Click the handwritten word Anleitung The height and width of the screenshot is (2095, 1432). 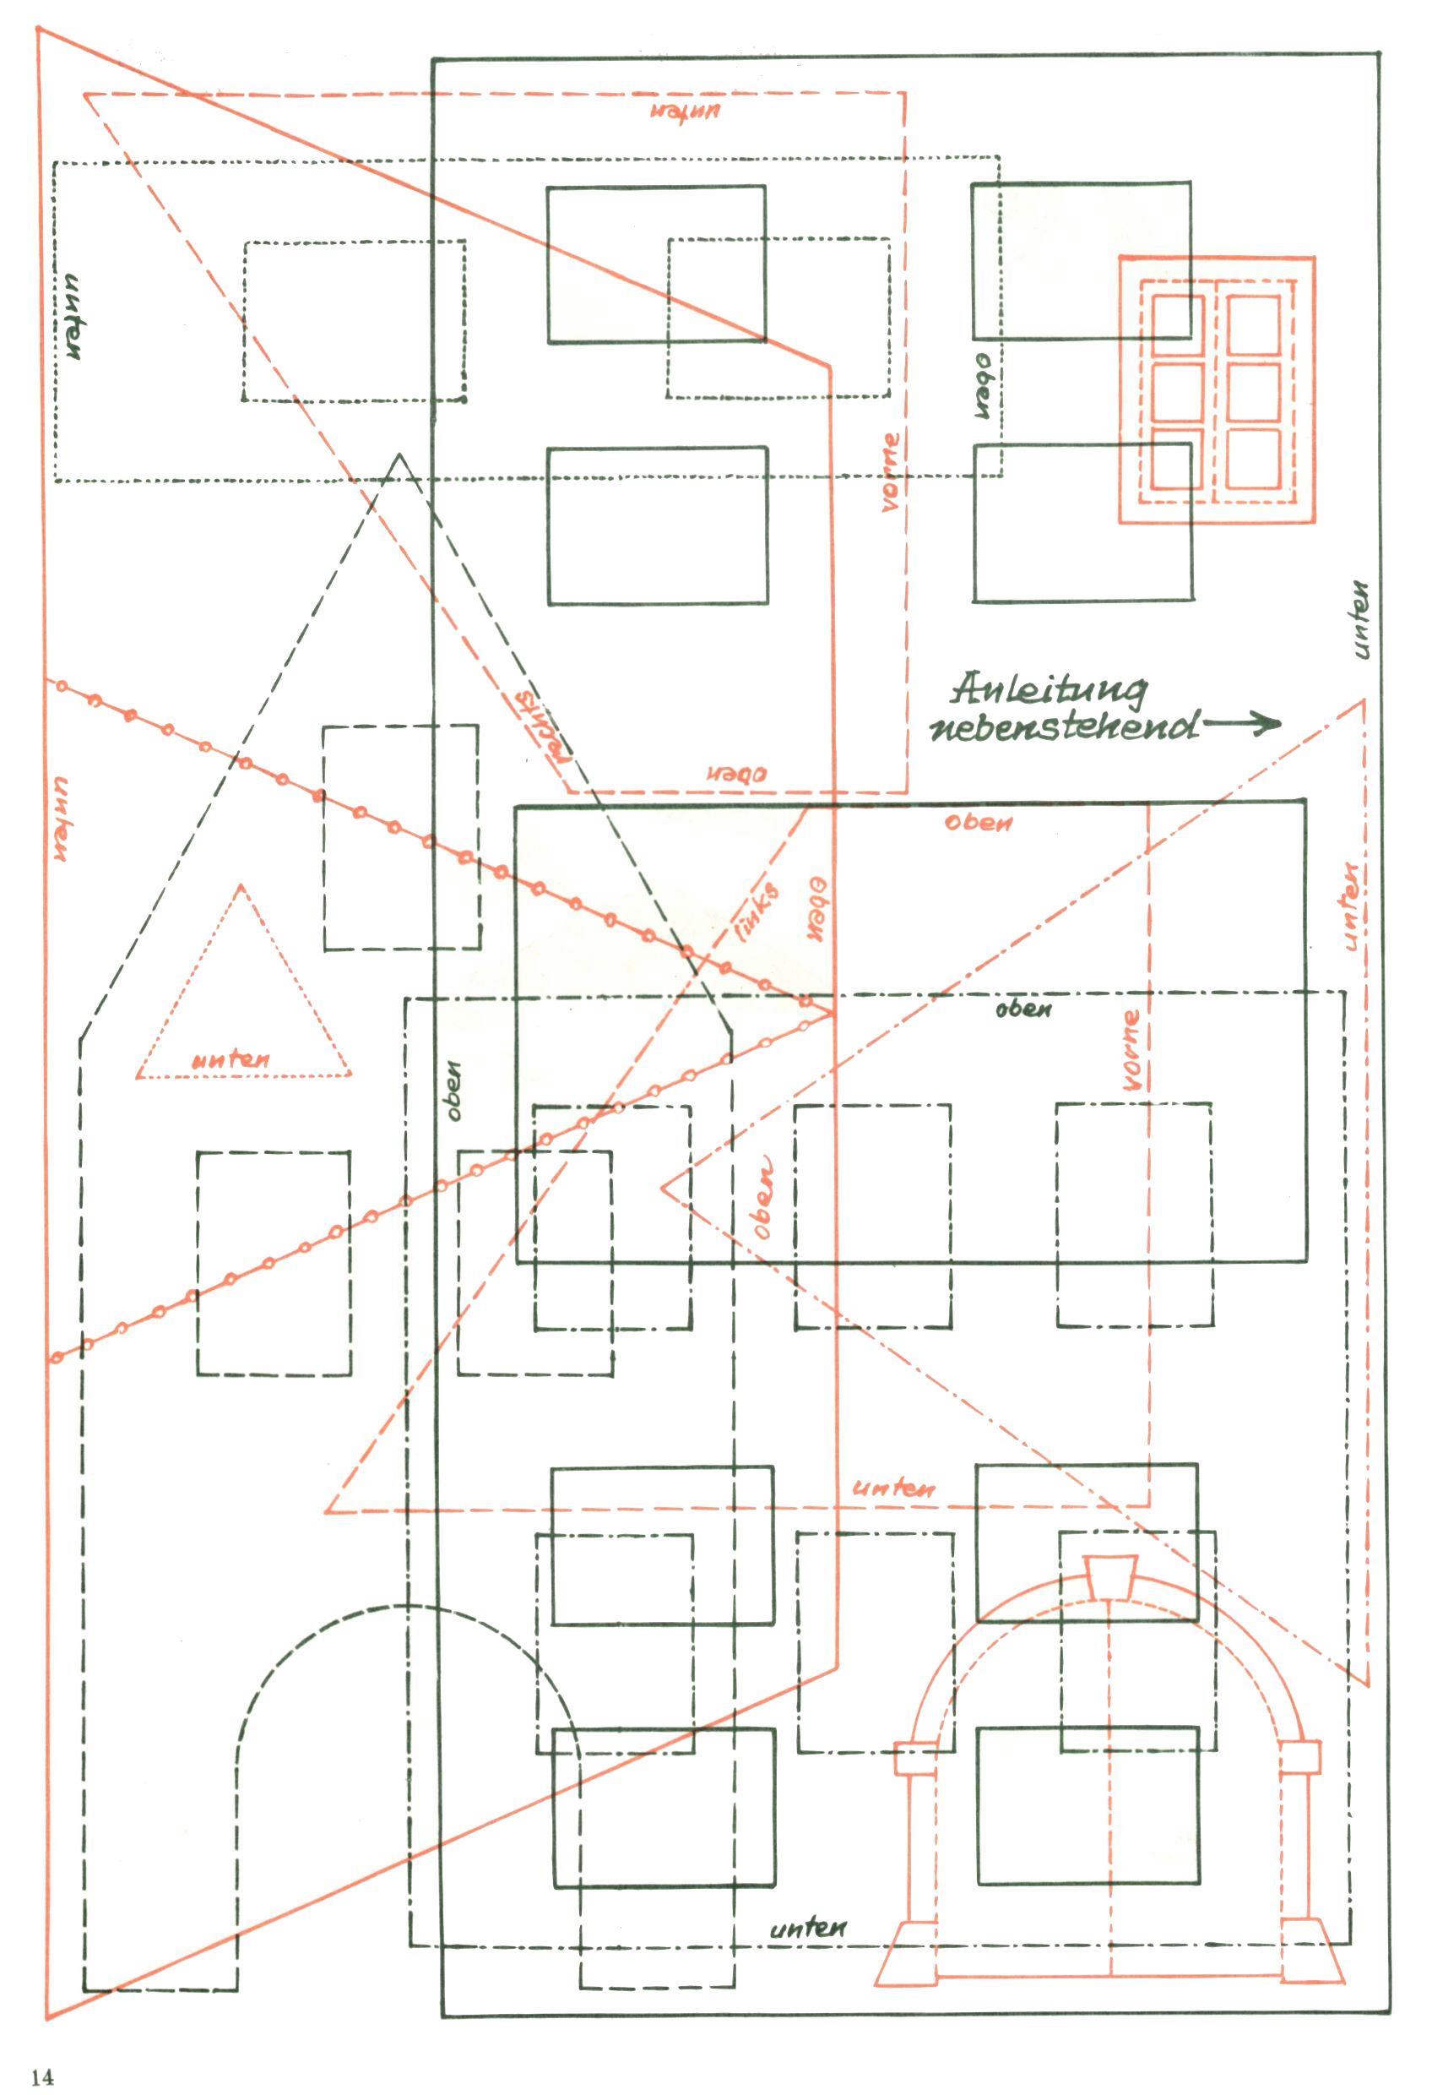click(x=1049, y=688)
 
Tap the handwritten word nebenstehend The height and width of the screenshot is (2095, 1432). click(x=1063, y=726)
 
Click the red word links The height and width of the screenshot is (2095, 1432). click(x=757, y=911)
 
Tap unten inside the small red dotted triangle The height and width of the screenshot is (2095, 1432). click(x=231, y=1059)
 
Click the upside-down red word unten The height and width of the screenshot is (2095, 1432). click(x=685, y=112)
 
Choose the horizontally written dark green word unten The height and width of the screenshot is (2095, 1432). click(x=807, y=1929)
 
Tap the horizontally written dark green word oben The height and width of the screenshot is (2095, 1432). click(x=1022, y=1009)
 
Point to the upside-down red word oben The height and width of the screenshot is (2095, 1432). click(x=736, y=774)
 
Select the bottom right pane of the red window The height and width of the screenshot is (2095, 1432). click(x=1253, y=459)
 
